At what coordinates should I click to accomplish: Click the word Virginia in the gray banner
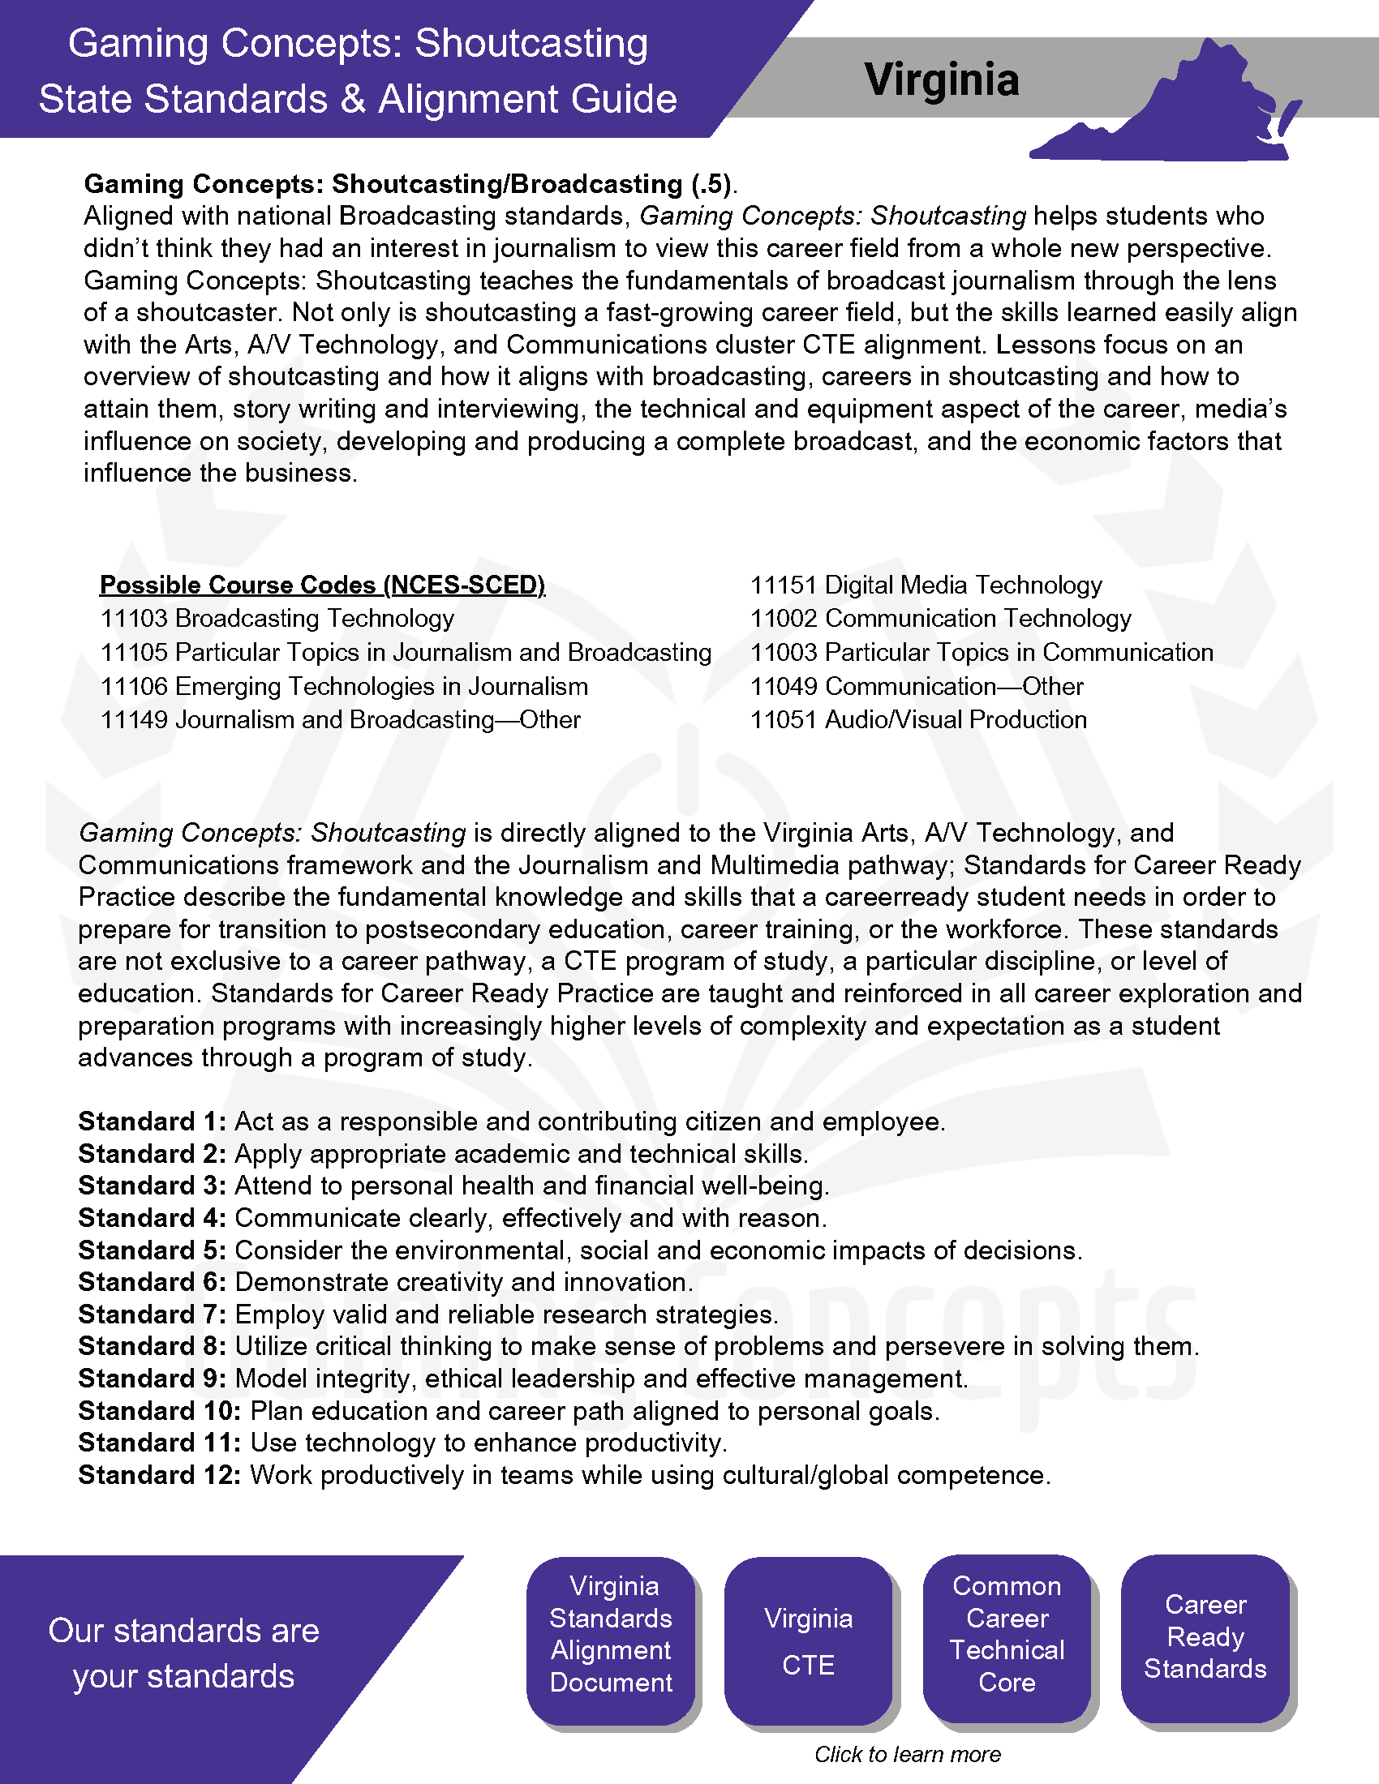pos(941,80)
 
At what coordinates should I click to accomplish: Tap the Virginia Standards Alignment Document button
pos(611,1634)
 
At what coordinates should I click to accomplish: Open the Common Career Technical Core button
pos(1007,1634)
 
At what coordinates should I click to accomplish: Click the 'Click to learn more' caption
pos(907,1754)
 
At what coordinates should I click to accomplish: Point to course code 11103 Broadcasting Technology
pos(277,619)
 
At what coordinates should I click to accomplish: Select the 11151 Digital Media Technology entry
pos(926,585)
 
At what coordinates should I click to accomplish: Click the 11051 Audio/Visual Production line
pos(918,719)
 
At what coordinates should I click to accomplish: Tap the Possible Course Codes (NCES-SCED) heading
pos(322,585)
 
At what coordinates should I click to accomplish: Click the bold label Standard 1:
pos(152,1121)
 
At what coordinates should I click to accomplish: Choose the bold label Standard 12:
pos(159,1475)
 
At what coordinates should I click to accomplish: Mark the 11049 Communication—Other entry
pos(917,686)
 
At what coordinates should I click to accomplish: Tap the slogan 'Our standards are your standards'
pos(184,1653)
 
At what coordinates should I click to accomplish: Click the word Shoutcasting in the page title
pos(531,43)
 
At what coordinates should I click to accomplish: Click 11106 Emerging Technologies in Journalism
pos(344,686)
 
